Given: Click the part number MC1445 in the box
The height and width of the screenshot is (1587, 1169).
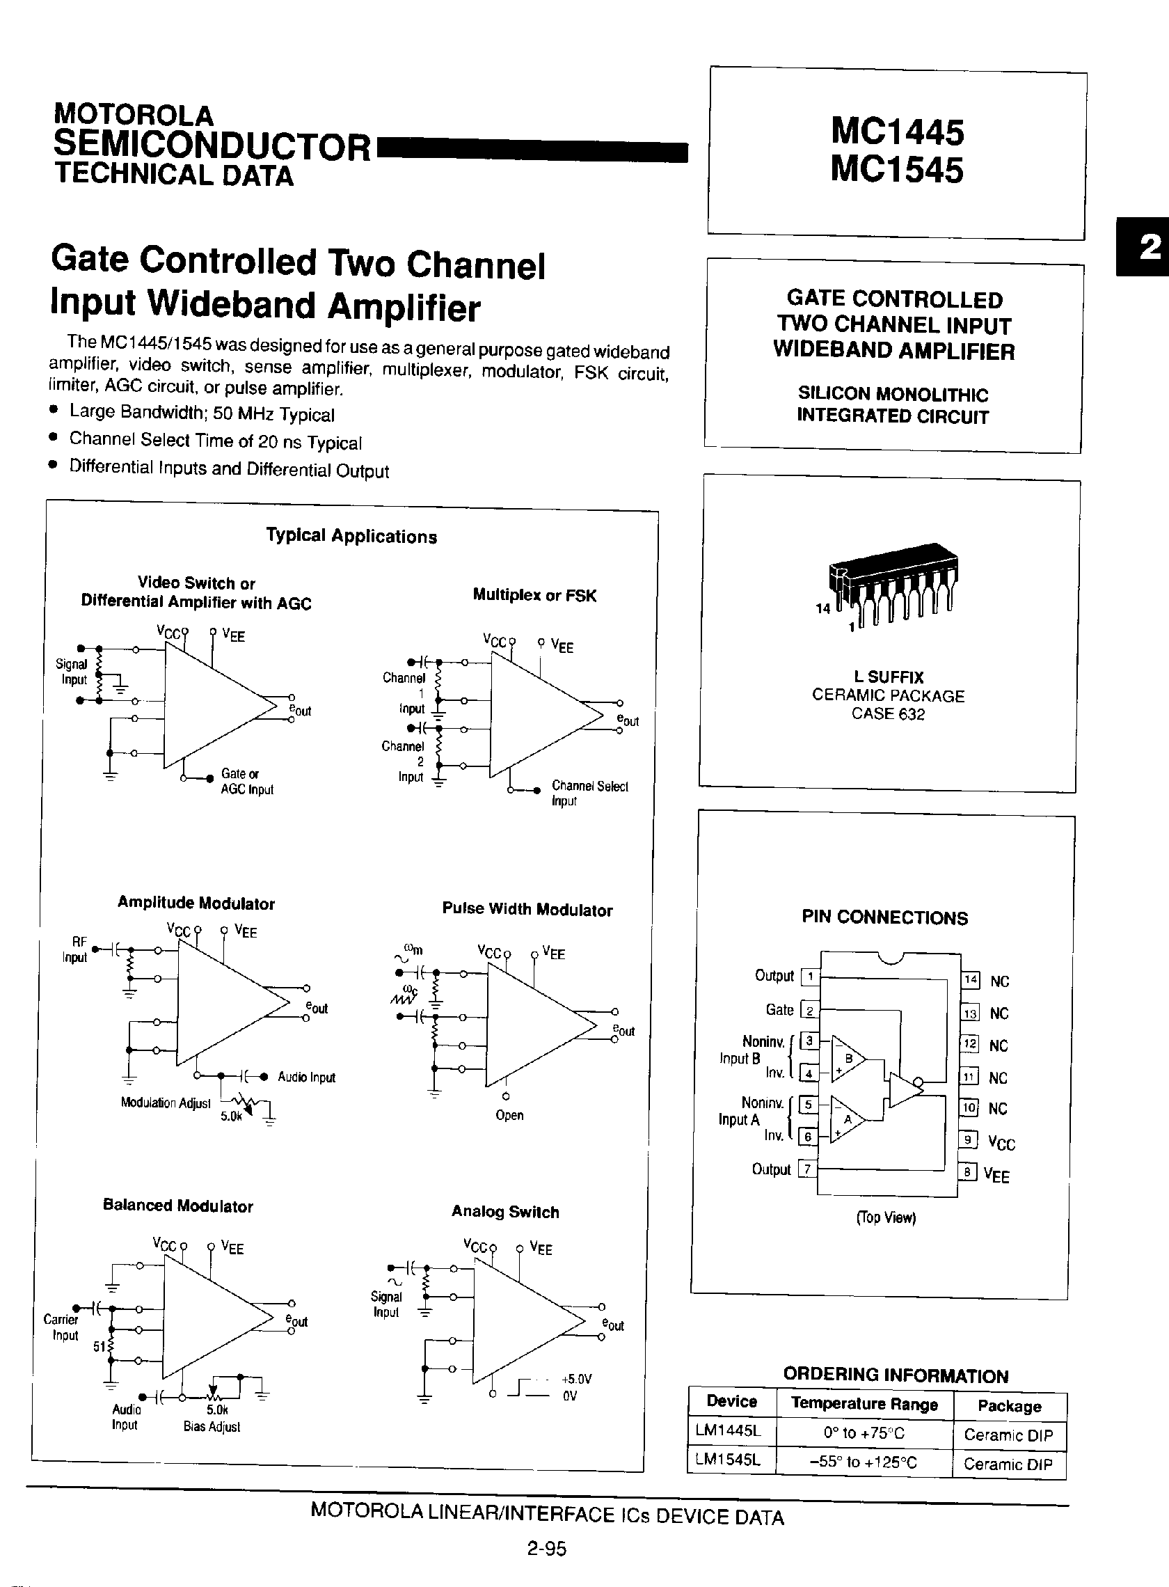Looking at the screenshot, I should pyautogui.click(x=897, y=132).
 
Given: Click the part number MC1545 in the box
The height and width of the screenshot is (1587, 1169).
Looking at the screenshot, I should pyautogui.click(x=896, y=170).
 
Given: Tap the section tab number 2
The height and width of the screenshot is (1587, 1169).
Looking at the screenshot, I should pyautogui.click(x=1150, y=247).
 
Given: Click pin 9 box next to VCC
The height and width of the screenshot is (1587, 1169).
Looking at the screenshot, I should pyautogui.click(x=967, y=1139).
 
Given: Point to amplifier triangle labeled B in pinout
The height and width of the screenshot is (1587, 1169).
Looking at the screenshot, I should pyautogui.click(x=849, y=1059).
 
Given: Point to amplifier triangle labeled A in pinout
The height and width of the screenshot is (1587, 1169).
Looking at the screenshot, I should pyautogui.click(x=848, y=1119).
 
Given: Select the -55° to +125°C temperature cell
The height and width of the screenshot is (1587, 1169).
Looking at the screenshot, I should pyautogui.click(x=864, y=1461).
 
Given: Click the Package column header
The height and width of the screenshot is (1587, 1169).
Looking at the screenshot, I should pyautogui.click(x=1009, y=1405).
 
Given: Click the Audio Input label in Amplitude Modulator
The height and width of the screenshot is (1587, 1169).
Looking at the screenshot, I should pyautogui.click(x=305, y=1077).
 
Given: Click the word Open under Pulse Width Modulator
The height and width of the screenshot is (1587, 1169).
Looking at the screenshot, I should pyautogui.click(x=509, y=1115).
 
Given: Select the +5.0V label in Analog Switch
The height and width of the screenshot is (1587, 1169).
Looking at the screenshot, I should pyautogui.click(x=576, y=1379).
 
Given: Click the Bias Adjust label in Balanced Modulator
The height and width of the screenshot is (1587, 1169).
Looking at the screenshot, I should pyautogui.click(x=212, y=1426).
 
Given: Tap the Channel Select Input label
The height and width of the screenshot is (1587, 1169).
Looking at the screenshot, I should pyautogui.click(x=589, y=793).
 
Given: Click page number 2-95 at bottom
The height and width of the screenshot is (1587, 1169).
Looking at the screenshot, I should pyautogui.click(x=546, y=1549).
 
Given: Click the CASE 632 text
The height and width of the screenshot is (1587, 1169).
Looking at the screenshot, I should pyautogui.click(x=887, y=713).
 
